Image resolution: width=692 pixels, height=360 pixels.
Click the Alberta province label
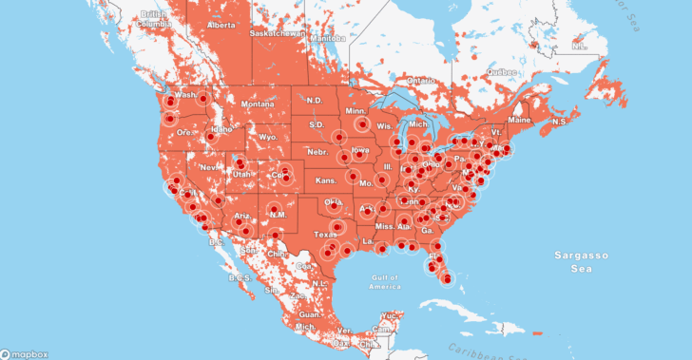(x=221, y=25)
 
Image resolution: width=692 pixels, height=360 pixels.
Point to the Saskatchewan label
(x=278, y=32)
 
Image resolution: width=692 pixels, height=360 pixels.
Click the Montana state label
(x=257, y=104)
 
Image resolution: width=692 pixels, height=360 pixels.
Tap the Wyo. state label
(x=267, y=137)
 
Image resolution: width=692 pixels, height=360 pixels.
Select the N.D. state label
(x=316, y=101)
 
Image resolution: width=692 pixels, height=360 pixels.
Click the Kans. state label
(x=326, y=180)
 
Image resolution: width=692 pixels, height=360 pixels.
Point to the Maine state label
(x=519, y=121)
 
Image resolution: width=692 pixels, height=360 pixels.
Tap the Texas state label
(x=325, y=234)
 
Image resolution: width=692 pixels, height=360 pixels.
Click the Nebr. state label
(x=317, y=152)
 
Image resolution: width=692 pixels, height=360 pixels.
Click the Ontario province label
(x=420, y=81)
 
